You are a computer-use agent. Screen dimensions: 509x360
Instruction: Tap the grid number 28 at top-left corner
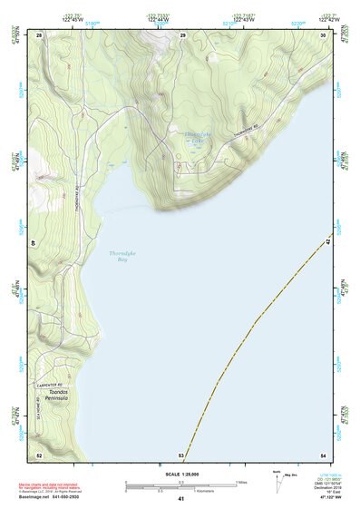coord(39,34)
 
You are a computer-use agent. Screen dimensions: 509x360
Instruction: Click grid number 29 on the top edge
coord(182,34)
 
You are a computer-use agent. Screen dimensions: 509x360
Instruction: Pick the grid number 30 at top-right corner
coord(323,34)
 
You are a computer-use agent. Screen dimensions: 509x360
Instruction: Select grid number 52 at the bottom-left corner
coord(39,455)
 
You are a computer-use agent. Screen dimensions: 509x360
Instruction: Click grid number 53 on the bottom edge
coord(181,455)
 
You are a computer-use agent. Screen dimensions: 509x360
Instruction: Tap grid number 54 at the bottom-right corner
coord(323,455)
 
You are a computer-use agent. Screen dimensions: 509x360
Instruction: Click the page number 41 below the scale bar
coord(181,499)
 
